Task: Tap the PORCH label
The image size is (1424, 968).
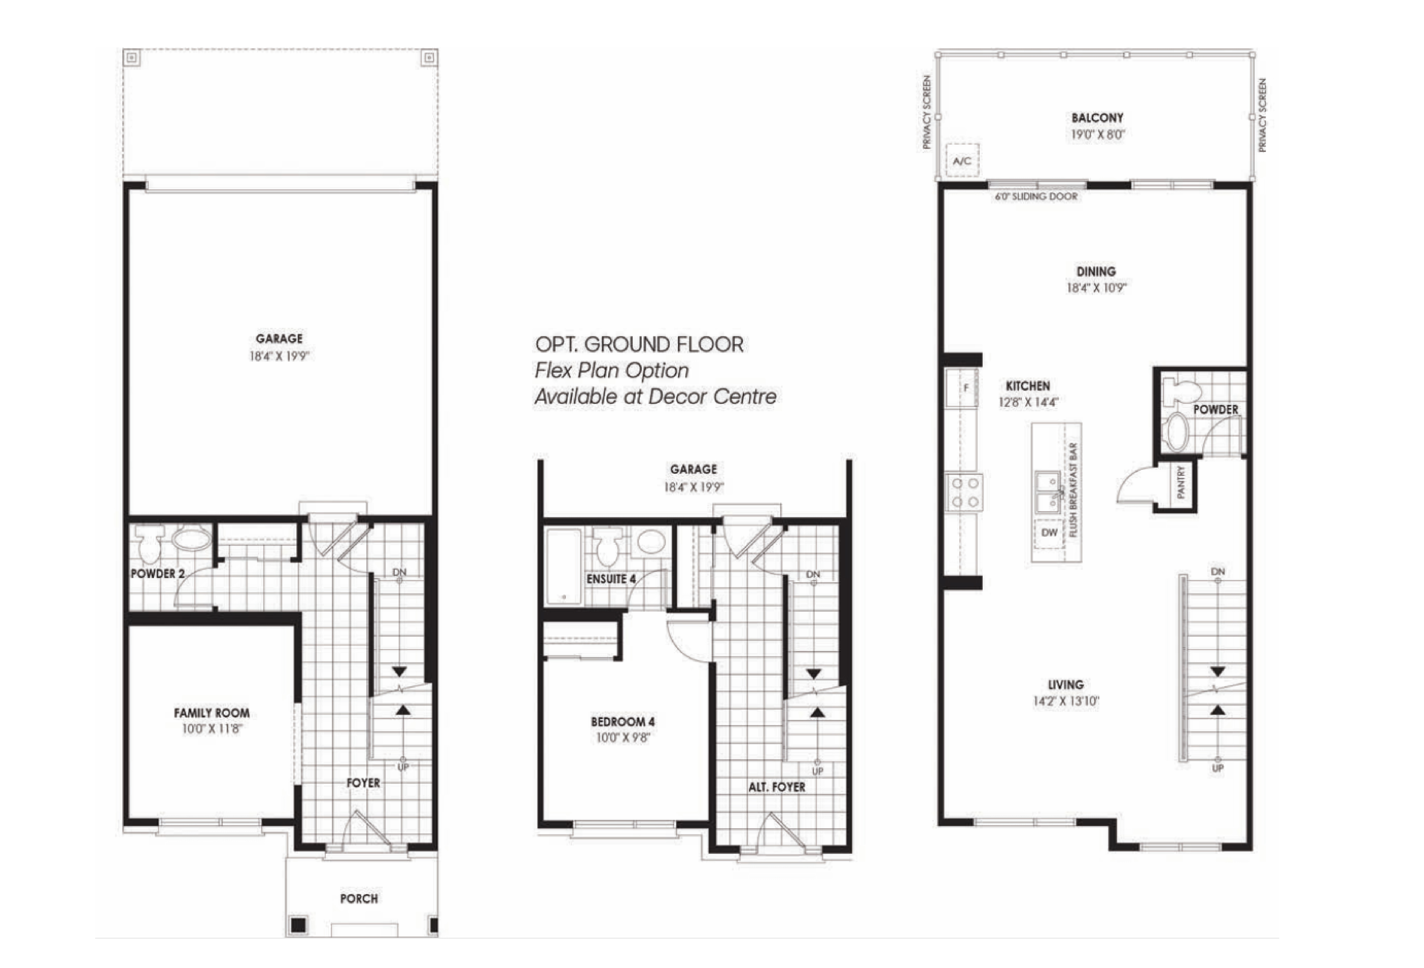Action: pyautogui.click(x=359, y=899)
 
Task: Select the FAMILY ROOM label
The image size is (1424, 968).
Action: pyautogui.click(x=211, y=713)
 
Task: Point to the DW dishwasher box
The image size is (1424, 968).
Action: pyautogui.click(x=1049, y=532)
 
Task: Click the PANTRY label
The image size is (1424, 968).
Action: pyautogui.click(x=1181, y=482)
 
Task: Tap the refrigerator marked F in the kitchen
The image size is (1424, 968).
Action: pyautogui.click(x=962, y=388)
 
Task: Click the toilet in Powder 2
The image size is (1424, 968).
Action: pyautogui.click(x=149, y=543)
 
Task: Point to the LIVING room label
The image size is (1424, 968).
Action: pyautogui.click(x=1066, y=685)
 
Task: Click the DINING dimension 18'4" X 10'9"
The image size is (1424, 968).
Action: pyautogui.click(x=1096, y=287)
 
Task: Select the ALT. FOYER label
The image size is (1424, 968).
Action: pyautogui.click(x=777, y=787)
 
